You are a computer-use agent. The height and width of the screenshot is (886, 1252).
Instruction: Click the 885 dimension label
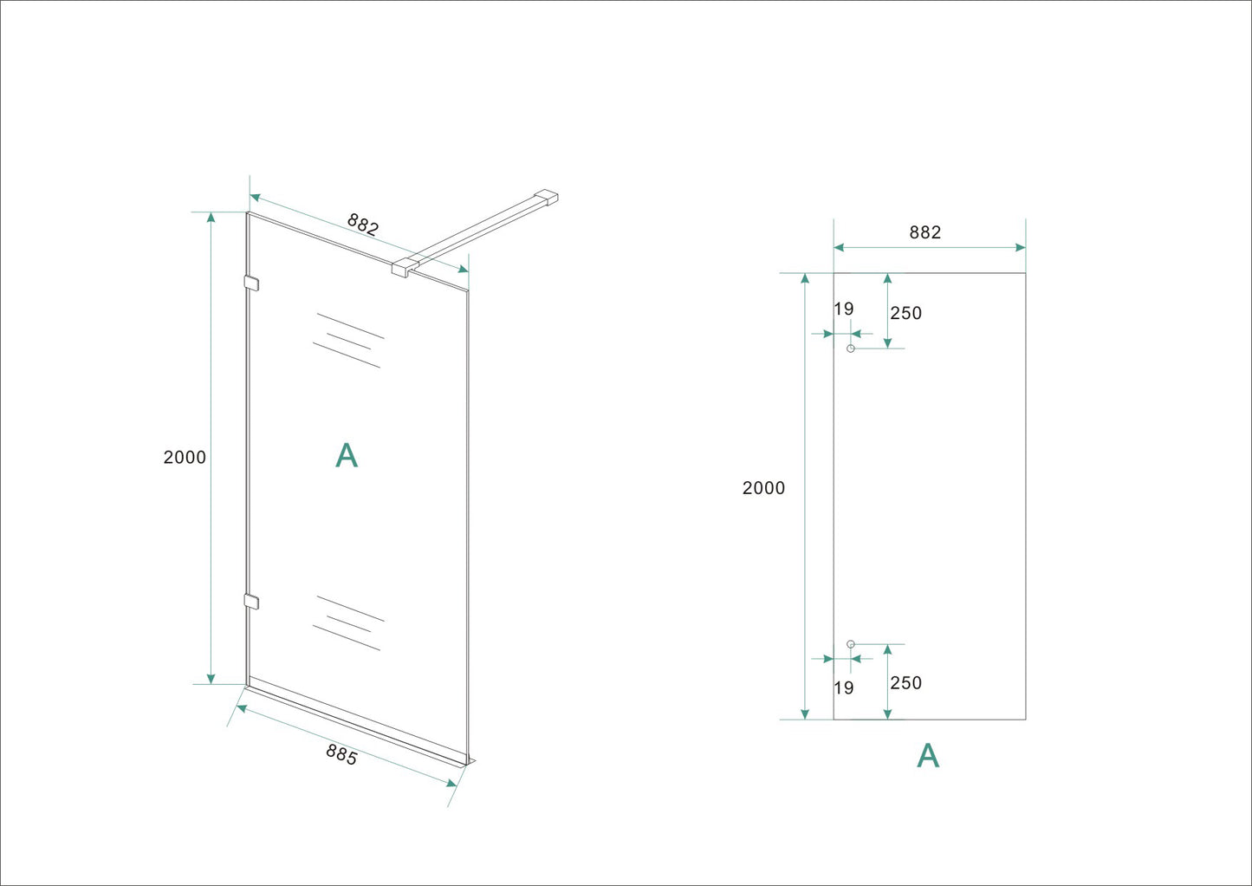pyautogui.click(x=341, y=754)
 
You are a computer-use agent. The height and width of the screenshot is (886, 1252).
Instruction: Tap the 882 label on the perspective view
pyautogui.click(x=363, y=225)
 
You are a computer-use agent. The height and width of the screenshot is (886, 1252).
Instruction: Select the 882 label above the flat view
pyautogui.click(x=924, y=232)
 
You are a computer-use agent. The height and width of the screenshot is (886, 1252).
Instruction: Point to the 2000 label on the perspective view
pyautogui.click(x=185, y=458)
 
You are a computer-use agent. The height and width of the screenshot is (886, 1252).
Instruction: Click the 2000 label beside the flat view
pyautogui.click(x=763, y=488)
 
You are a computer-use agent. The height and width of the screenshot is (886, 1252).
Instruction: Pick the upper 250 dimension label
pyautogui.click(x=906, y=313)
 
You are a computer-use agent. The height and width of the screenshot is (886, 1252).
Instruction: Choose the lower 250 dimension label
pyautogui.click(x=906, y=683)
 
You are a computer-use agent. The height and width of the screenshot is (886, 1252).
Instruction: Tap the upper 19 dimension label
pyautogui.click(x=844, y=309)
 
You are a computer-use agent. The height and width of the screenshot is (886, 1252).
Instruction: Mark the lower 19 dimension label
pyautogui.click(x=844, y=688)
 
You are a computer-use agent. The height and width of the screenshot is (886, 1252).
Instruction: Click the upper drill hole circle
pyautogui.click(x=851, y=349)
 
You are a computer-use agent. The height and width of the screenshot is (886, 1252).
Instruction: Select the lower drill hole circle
pyautogui.click(x=851, y=644)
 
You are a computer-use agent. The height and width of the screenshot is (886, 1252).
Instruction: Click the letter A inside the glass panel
pyautogui.click(x=347, y=455)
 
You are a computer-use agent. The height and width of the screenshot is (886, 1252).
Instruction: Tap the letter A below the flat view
pyautogui.click(x=928, y=756)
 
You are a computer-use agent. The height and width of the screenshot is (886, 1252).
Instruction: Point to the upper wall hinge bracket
pyautogui.click(x=252, y=283)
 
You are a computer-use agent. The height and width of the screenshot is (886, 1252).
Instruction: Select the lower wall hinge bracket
pyautogui.click(x=252, y=601)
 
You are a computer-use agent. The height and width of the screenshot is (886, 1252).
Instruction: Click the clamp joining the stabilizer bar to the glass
pyautogui.click(x=403, y=266)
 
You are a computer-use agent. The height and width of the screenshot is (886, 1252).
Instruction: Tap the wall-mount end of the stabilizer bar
pyautogui.click(x=547, y=198)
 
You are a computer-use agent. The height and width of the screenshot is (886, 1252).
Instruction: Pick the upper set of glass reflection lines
pyautogui.click(x=348, y=340)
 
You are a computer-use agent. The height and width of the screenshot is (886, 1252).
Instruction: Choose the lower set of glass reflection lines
pyautogui.click(x=348, y=622)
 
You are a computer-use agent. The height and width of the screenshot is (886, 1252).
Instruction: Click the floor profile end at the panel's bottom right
pyautogui.click(x=468, y=761)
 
